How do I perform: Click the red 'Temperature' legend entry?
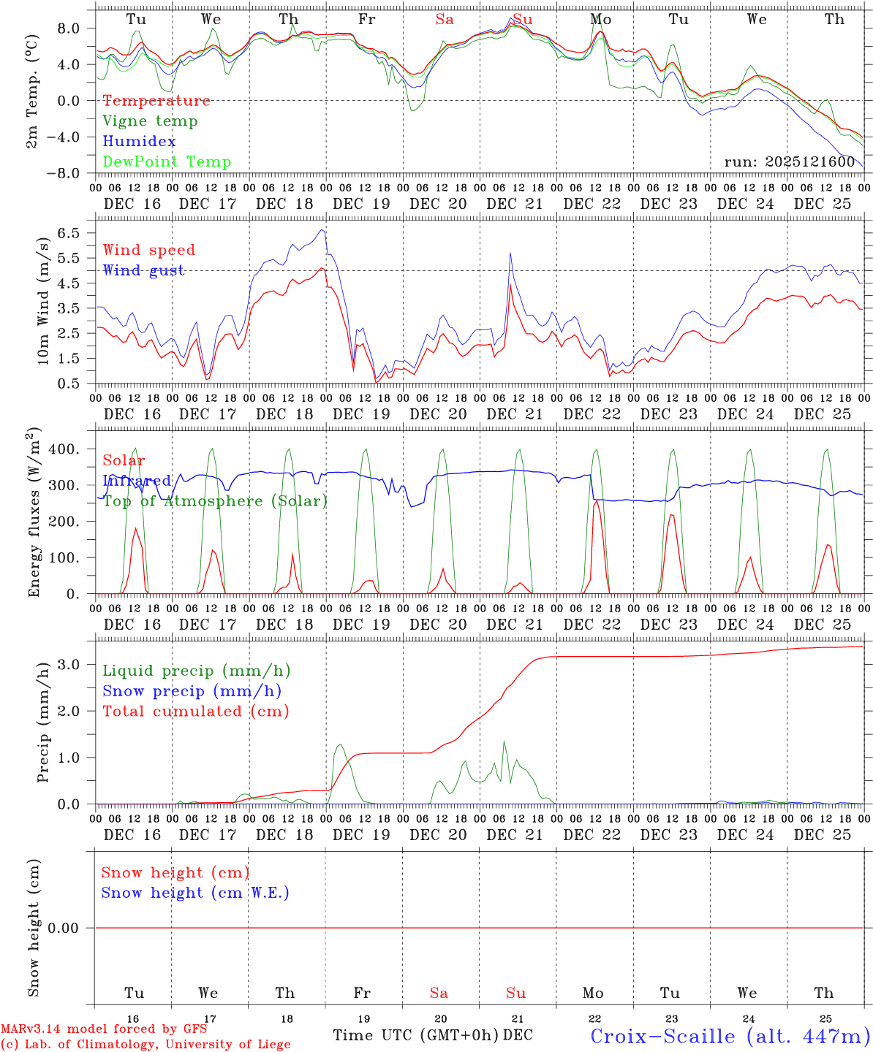tap(156, 101)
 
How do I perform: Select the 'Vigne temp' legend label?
tap(150, 121)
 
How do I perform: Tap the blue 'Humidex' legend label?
tap(140, 142)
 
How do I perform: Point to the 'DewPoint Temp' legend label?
tap(167, 162)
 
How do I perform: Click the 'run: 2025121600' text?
tap(789, 162)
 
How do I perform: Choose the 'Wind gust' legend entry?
tap(143, 270)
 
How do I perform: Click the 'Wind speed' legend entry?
tap(149, 250)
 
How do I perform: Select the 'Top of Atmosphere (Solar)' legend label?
tap(215, 501)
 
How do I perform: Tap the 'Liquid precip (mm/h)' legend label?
tap(197, 671)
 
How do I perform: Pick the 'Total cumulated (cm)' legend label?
tap(196, 712)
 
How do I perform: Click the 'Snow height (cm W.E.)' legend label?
tap(195, 893)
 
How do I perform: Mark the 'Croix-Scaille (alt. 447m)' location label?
tap(730, 1036)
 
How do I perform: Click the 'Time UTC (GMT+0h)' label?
tap(416, 1035)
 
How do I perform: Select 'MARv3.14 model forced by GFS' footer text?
tap(104, 1029)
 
